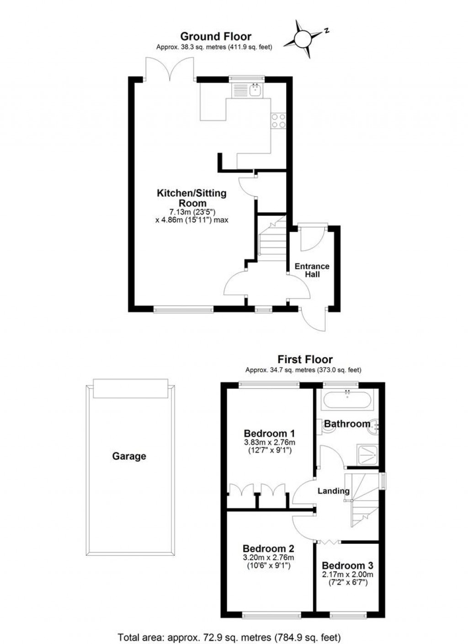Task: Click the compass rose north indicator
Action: [326, 31]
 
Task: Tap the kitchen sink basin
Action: [255, 90]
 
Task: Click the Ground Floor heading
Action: [216, 37]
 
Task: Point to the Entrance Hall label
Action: [312, 270]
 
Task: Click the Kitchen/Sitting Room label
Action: [191, 198]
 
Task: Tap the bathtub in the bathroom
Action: [347, 400]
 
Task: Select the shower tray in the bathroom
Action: [367, 455]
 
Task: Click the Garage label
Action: [129, 456]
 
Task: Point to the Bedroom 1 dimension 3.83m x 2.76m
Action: [269, 442]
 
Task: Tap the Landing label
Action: [333, 490]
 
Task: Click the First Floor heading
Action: [305, 360]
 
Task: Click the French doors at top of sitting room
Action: [170, 69]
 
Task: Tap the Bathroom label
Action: [347, 424]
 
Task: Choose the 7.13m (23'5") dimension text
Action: [191, 212]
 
